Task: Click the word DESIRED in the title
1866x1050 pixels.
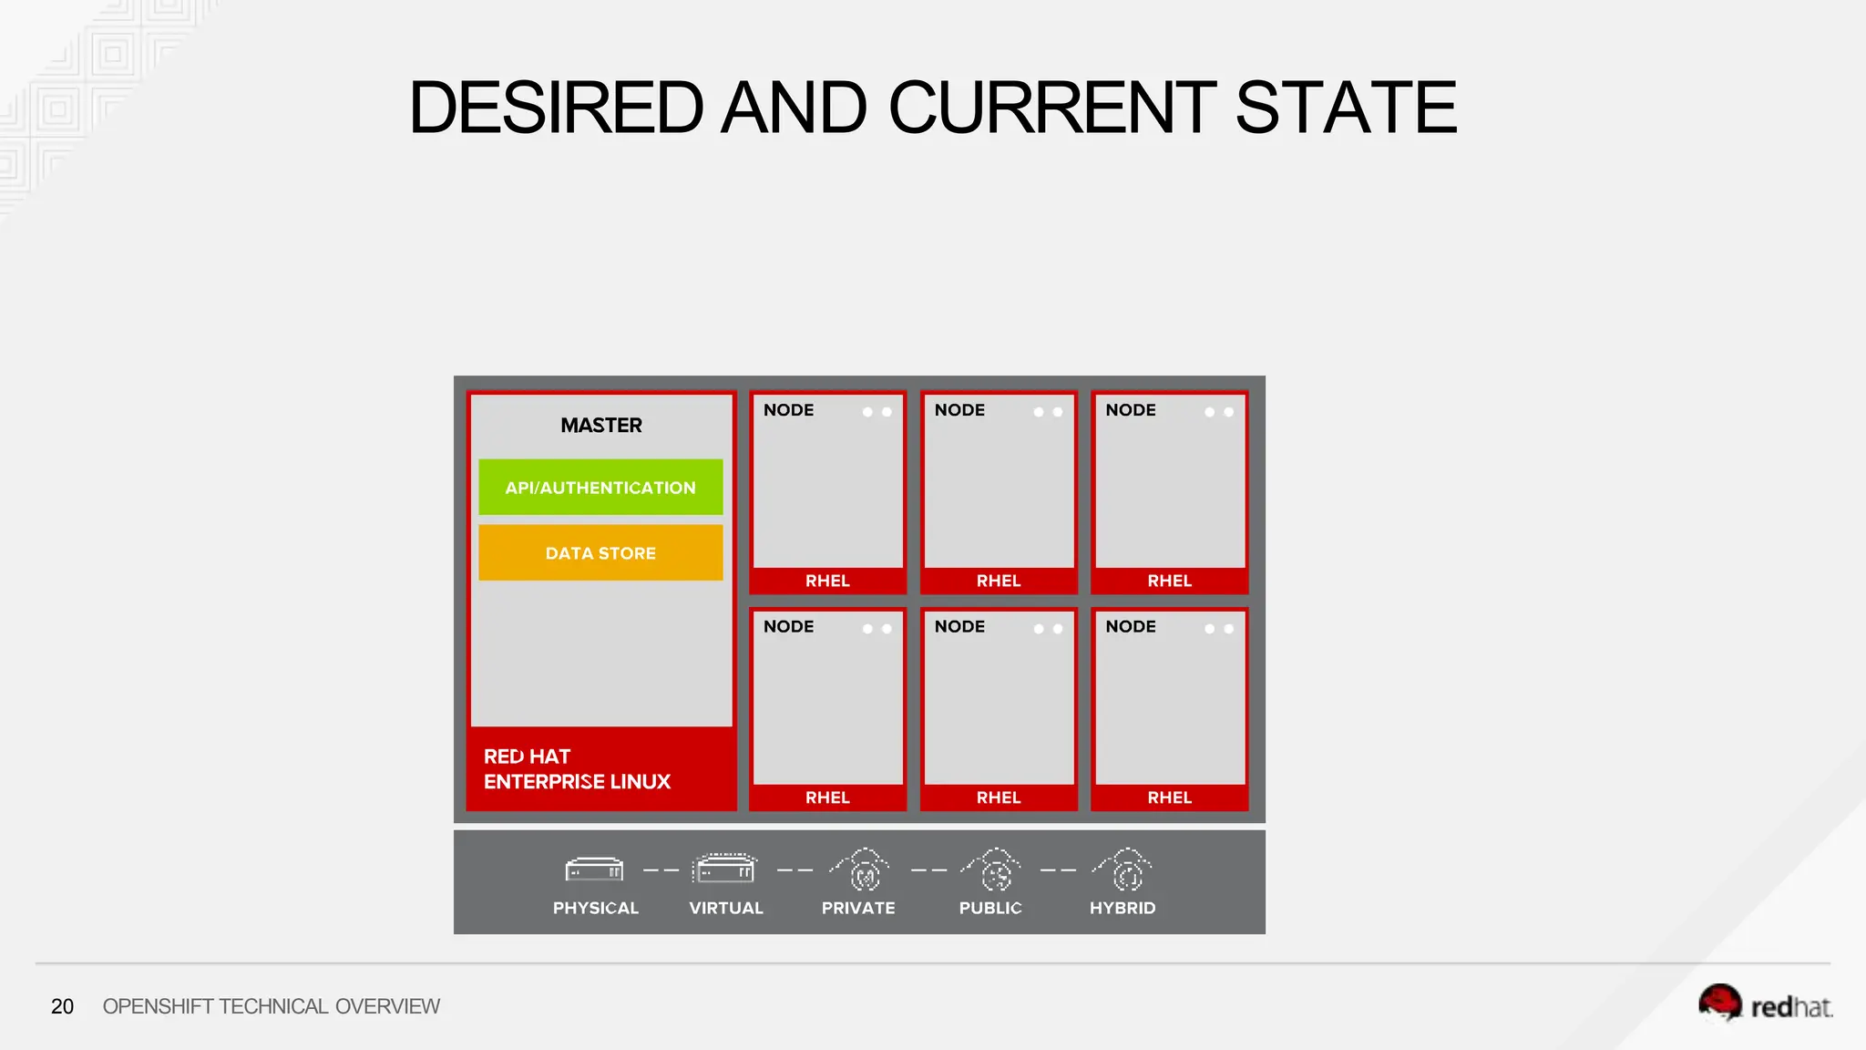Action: coord(556,108)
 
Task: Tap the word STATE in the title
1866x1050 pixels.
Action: coord(1346,108)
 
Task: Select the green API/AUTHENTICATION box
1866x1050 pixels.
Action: coord(600,488)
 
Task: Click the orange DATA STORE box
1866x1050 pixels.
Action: coord(600,553)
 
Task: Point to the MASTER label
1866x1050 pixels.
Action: coord(601,426)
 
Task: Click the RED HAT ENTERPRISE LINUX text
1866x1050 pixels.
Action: coord(577,769)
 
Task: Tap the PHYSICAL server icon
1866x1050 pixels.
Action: coord(595,870)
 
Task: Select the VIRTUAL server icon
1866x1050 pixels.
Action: coord(725,869)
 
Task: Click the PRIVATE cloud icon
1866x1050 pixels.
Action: coord(860,870)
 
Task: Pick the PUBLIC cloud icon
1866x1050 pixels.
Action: coord(992,870)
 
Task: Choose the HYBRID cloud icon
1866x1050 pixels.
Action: coord(1124,870)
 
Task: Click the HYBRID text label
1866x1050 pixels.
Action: coord(1123,908)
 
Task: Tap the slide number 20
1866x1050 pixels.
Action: coord(62,1006)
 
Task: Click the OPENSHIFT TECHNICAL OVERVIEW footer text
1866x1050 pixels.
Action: coord(271,1006)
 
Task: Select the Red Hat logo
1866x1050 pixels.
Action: coord(1765,1004)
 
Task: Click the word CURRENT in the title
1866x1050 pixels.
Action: coord(1052,108)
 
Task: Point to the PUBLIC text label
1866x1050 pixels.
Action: coord(990,908)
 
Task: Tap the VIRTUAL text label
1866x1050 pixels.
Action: coord(726,908)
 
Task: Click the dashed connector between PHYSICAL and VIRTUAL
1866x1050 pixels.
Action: coord(661,870)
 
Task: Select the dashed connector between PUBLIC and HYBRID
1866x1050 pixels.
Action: coord(1059,870)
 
